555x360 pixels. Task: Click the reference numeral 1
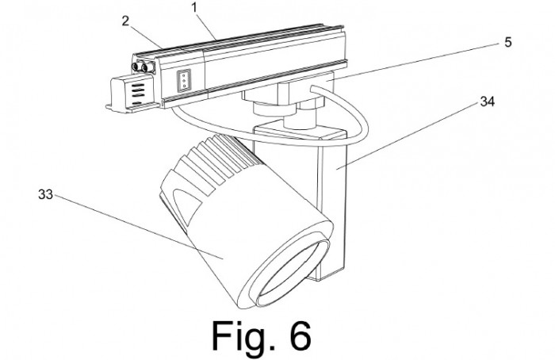[194, 8]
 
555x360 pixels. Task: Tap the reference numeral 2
[125, 21]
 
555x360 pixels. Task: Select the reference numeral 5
[508, 43]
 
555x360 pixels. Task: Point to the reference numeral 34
[487, 101]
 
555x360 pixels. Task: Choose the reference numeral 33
[45, 194]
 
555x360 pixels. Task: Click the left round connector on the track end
[136, 67]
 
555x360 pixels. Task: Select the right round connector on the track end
[145, 67]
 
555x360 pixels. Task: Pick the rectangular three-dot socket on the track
[184, 80]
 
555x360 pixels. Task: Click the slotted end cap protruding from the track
[132, 94]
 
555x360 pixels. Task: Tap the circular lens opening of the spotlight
[293, 273]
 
